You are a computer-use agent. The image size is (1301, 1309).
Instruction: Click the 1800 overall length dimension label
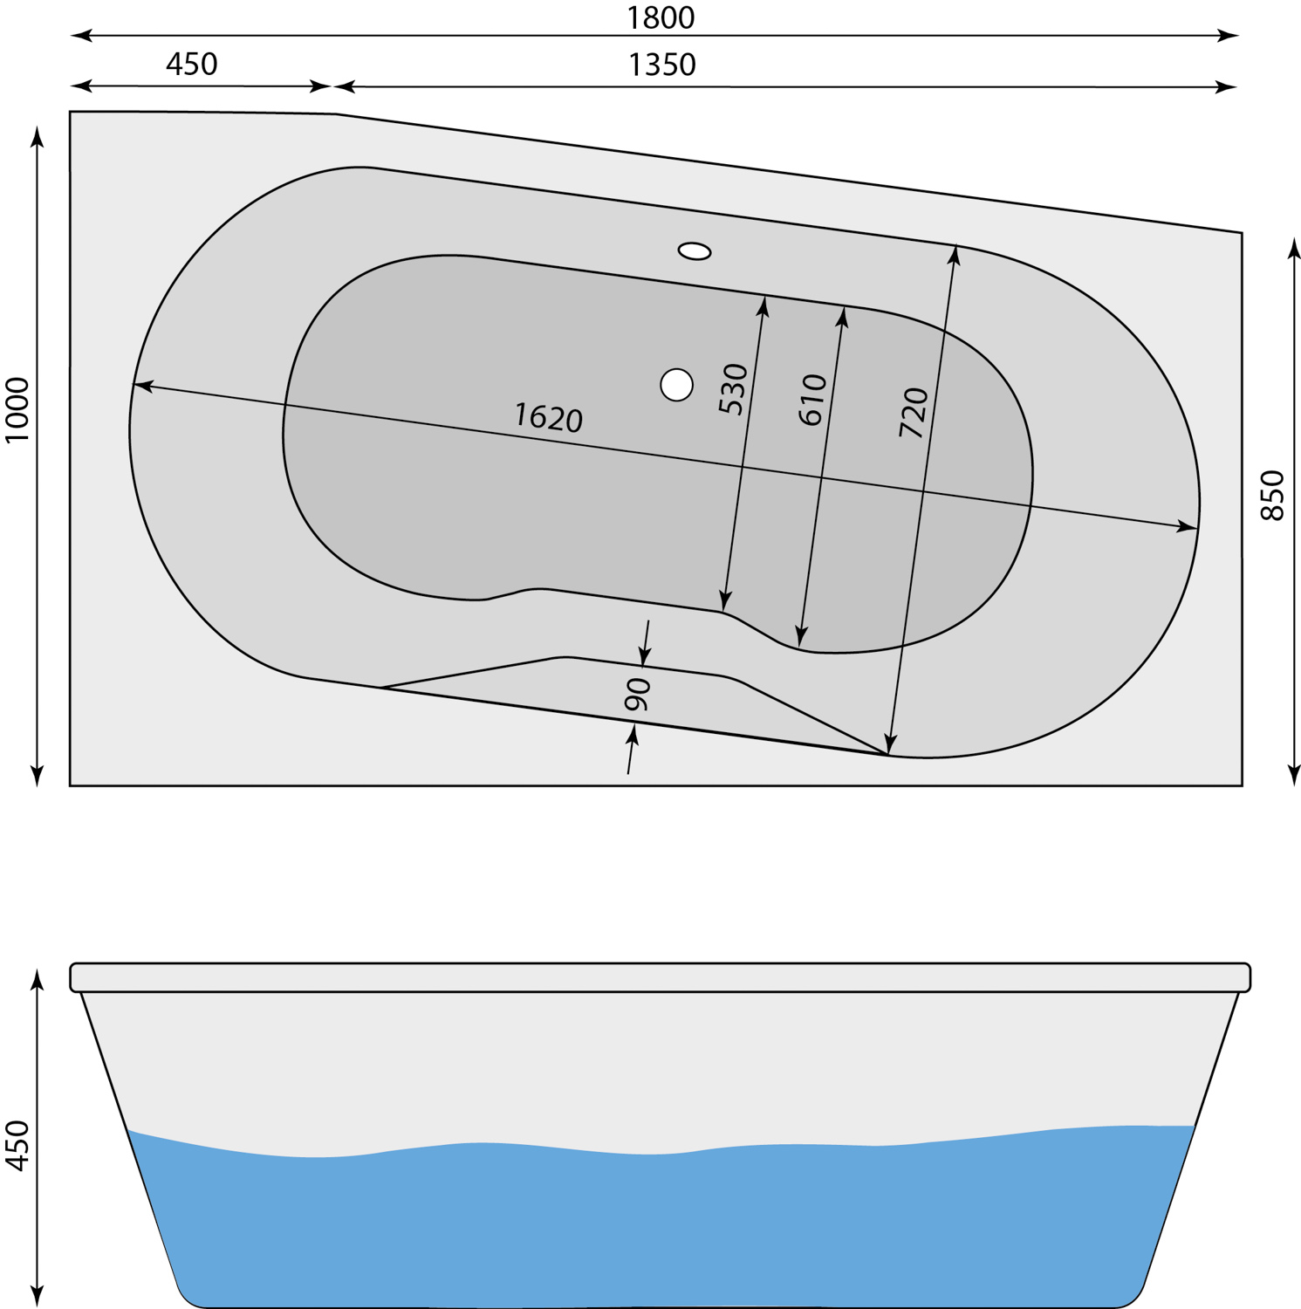[661, 17]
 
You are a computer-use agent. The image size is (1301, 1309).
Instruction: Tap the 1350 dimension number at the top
[662, 65]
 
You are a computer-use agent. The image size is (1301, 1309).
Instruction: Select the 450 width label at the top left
[191, 64]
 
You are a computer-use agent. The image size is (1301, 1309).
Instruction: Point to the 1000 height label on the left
[17, 409]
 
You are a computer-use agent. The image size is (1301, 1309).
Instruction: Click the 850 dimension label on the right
[1273, 496]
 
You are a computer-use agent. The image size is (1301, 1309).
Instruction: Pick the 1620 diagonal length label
[548, 417]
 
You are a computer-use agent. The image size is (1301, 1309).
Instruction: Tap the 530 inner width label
[734, 388]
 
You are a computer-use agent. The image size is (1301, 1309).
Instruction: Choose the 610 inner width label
[812, 399]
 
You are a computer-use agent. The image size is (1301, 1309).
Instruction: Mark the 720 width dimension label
[914, 412]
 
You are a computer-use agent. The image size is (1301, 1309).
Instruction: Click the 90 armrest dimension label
[638, 694]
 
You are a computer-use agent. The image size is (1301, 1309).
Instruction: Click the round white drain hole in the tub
[676, 384]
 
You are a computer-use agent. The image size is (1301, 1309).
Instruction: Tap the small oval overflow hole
[695, 251]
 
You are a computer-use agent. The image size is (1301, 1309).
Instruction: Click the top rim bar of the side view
[661, 977]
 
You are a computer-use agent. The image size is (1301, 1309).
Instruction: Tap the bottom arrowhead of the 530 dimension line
[724, 600]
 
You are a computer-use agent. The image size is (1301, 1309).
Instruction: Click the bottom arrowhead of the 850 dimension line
[1294, 776]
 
